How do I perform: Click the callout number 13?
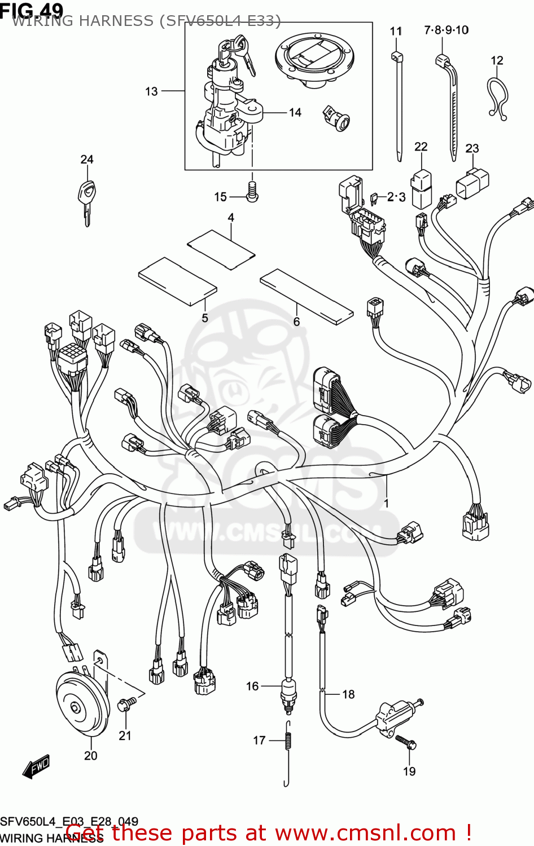151,91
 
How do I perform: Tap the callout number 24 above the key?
86,160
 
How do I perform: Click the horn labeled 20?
82,704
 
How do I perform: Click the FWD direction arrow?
37,768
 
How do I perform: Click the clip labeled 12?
497,99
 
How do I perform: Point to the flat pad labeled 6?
306,296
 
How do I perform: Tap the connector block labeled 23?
472,182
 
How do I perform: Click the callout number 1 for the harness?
386,503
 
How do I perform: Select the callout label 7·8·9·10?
446,30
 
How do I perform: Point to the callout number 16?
252,686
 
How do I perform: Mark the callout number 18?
348,694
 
